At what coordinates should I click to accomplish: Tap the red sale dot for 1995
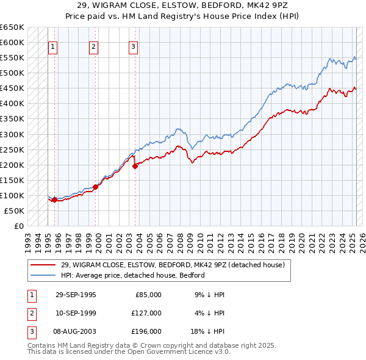[54, 200]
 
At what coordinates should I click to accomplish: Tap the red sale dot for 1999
[95, 187]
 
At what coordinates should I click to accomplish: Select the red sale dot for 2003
[135, 165]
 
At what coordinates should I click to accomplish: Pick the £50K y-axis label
[15, 211]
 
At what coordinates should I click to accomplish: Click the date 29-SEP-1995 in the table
[76, 295]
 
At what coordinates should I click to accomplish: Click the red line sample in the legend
[43, 265]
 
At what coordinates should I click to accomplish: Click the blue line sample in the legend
[43, 275]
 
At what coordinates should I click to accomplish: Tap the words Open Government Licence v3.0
[179, 351]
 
